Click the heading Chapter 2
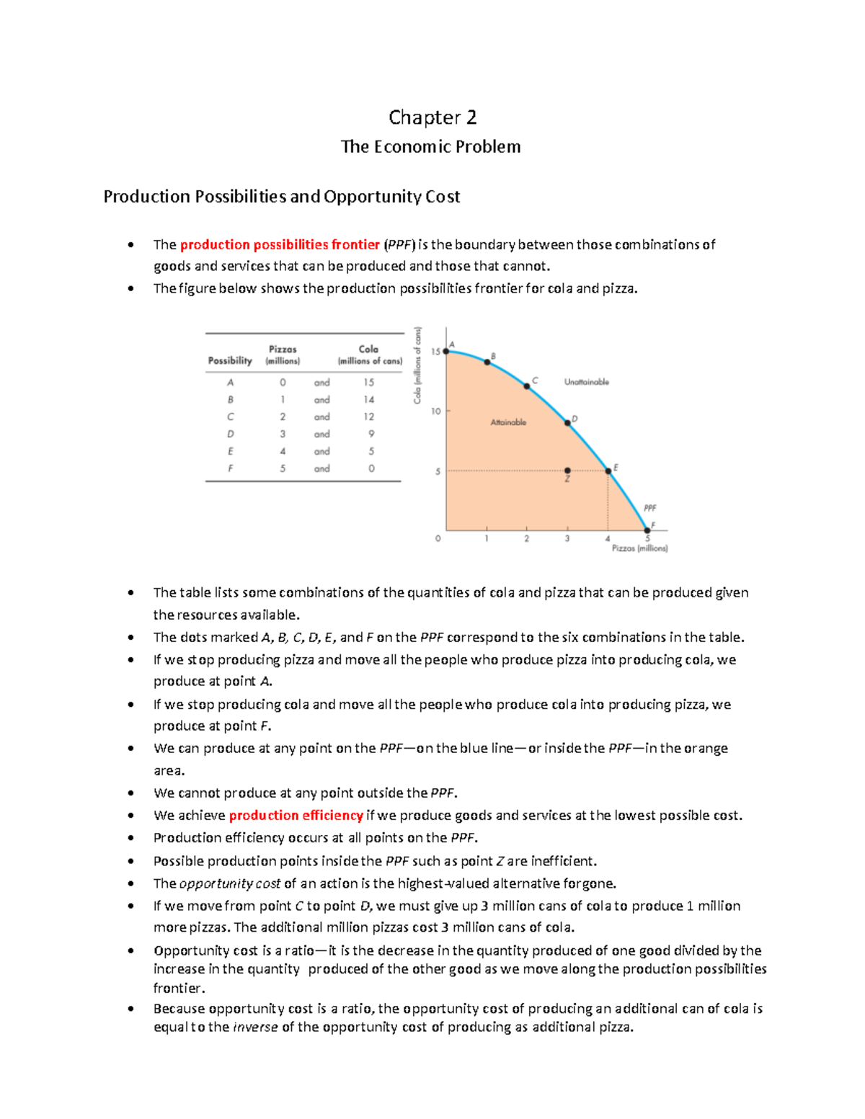click(432, 117)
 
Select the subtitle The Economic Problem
click(430, 147)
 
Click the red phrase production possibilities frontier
click(280, 245)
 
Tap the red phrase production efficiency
click(296, 816)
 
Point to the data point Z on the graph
click(567, 471)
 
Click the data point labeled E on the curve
click(608, 471)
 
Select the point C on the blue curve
click(527, 387)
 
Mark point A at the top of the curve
click(446, 351)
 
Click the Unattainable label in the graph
click(586, 382)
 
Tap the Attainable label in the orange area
click(508, 422)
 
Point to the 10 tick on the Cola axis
click(436, 411)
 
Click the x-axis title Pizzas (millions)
click(639, 548)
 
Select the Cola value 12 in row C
click(369, 416)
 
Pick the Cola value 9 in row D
click(371, 434)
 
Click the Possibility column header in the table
click(230, 360)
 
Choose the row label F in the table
click(231, 468)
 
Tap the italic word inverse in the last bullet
click(255, 1027)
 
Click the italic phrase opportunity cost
click(216, 883)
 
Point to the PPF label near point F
click(649, 508)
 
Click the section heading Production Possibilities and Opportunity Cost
click(281, 197)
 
